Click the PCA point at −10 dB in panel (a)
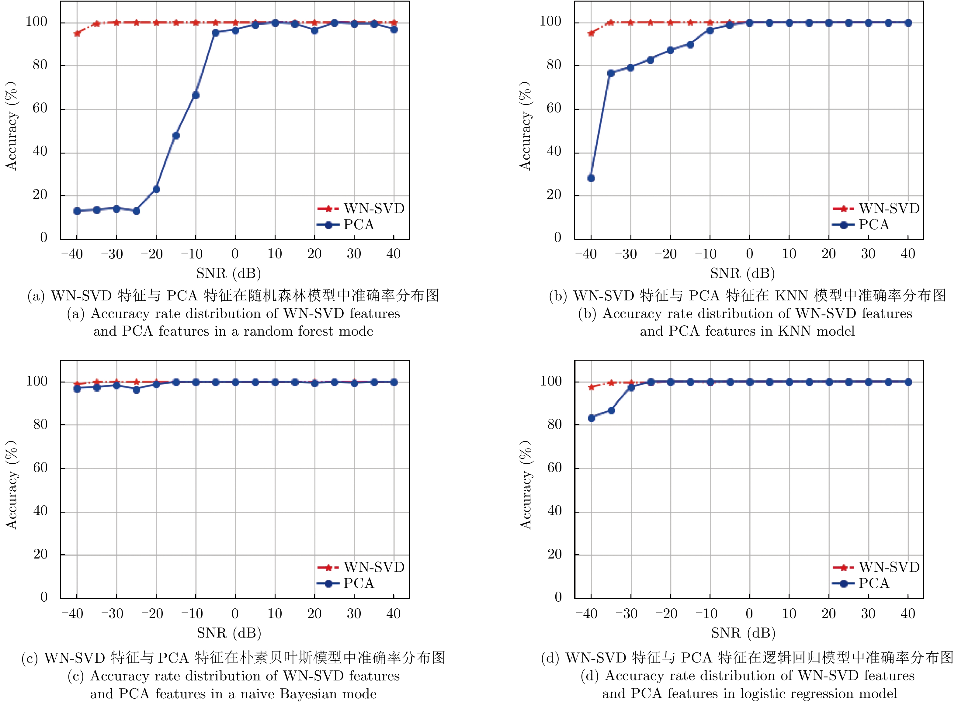click(x=196, y=95)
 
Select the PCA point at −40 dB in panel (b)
click(x=591, y=178)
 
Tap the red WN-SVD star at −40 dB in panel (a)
click(x=77, y=33)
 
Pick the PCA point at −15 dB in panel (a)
click(x=176, y=136)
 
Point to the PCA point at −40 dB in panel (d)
click(x=591, y=418)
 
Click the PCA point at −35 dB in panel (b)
click(x=611, y=73)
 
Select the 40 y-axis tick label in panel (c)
click(x=40, y=511)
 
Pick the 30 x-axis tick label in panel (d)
click(x=868, y=614)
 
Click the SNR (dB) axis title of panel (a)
click(x=229, y=273)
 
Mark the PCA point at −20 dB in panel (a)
click(x=156, y=189)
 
